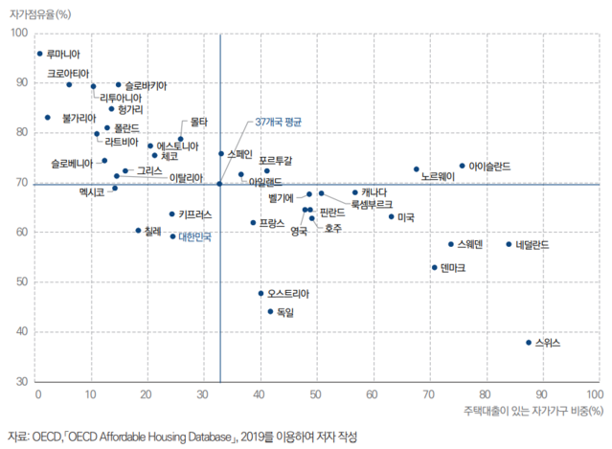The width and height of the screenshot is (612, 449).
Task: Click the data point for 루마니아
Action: point(39,54)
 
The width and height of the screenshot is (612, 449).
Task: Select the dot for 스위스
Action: point(528,342)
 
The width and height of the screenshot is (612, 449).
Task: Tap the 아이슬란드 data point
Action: point(462,166)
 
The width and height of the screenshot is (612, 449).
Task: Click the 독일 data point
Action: point(271,311)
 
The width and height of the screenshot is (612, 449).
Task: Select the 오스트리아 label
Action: point(289,293)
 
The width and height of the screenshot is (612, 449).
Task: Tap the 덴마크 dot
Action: point(434,268)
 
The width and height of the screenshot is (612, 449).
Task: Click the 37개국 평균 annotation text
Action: point(279,123)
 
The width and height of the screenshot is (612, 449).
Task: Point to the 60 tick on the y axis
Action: point(20,232)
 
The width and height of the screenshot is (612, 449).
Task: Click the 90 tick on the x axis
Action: point(542,393)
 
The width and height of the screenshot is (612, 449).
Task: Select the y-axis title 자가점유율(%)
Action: point(45,14)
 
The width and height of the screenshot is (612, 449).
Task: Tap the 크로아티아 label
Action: point(69,73)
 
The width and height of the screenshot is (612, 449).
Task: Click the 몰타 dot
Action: point(180,139)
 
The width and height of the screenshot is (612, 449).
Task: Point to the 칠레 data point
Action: point(138,231)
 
